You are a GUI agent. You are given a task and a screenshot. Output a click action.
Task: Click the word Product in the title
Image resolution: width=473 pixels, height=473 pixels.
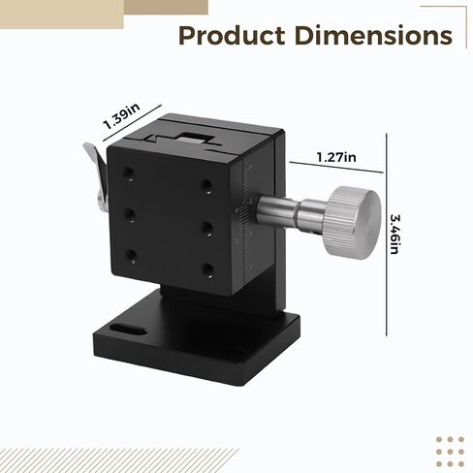click(x=232, y=35)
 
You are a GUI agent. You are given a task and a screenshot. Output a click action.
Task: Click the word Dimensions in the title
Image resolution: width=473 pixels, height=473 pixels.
click(x=373, y=35)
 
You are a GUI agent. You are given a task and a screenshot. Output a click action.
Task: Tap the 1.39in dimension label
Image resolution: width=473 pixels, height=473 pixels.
click(x=121, y=115)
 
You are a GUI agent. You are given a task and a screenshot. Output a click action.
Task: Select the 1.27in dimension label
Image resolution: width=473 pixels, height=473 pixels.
click(x=336, y=157)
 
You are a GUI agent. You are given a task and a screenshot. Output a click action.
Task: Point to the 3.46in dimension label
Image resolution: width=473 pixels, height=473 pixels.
click(x=394, y=235)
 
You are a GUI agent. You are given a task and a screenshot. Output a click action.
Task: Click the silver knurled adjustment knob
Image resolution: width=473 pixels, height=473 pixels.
click(x=353, y=222)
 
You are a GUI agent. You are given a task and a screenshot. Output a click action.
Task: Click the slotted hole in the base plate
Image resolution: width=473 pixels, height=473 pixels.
click(x=129, y=330)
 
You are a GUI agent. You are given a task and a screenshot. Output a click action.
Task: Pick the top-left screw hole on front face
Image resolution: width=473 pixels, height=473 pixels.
click(x=129, y=173)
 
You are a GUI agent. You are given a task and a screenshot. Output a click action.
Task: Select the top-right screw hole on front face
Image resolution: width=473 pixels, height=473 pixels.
click(x=206, y=186)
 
